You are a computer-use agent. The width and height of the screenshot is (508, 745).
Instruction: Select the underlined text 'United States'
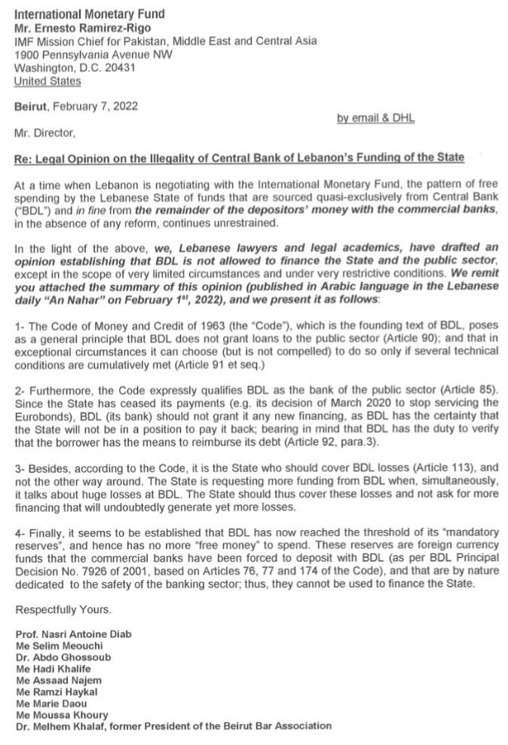[47, 81]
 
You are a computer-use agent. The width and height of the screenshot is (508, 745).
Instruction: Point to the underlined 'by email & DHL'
[375, 118]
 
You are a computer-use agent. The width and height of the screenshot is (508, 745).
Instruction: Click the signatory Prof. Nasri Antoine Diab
[73, 634]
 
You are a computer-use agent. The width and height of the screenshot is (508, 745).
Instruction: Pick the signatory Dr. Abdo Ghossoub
[63, 657]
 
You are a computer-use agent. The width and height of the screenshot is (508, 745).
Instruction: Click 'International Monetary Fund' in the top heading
[89, 14]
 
